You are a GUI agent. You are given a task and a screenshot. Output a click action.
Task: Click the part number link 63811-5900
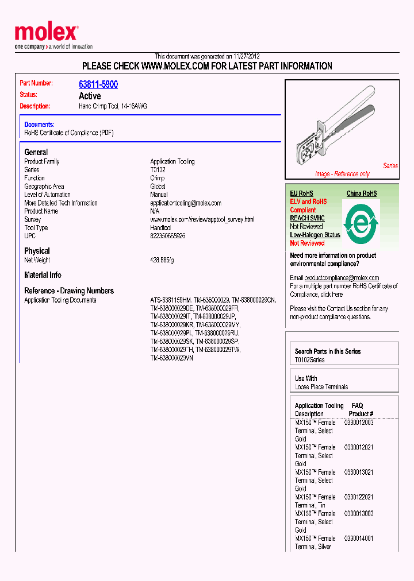click(98, 84)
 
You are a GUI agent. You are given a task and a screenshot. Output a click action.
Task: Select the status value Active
click(90, 96)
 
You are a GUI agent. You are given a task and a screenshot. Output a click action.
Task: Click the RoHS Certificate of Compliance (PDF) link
click(69, 133)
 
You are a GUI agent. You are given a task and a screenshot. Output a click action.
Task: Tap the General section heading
click(36, 152)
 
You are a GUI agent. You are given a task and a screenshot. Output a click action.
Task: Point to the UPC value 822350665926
click(168, 236)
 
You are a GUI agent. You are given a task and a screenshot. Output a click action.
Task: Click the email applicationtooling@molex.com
click(186, 203)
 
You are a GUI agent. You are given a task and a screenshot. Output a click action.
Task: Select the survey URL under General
click(202, 220)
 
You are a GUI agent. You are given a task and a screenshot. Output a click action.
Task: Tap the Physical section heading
click(37, 251)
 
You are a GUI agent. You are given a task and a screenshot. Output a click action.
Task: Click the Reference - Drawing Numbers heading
click(69, 290)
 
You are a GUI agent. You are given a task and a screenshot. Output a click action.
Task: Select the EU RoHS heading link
click(301, 193)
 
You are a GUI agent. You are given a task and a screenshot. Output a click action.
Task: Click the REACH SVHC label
click(307, 218)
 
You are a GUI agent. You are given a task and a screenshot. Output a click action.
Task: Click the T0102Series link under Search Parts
click(309, 360)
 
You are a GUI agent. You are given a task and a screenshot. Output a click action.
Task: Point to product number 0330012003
click(359, 423)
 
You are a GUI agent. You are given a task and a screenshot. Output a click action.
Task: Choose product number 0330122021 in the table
click(359, 497)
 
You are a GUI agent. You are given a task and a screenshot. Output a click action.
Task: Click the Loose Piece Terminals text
click(321, 387)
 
